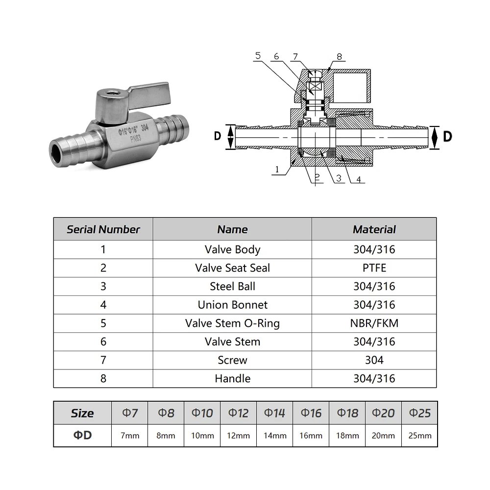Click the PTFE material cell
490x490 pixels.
pyautogui.click(x=374, y=268)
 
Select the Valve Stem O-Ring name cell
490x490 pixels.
pyautogui.click(x=232, y=323)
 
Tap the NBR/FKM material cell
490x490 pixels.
pyautogui.click(x=374, y=323)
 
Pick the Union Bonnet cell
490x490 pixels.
pyautogui.click(x=232, y=305)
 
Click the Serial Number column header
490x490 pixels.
pyautogui.click(x=103, y=229)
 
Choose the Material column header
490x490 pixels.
pyautogui.click(x=374, y=229)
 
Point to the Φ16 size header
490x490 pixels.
pyautogui.click(x=311, y=413)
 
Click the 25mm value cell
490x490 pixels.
pyautogui.click(x=419, y=435)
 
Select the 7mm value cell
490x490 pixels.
pyautogui.click(x=130, y=435)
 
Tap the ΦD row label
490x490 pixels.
pyautogui.click(x=82, y=435)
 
